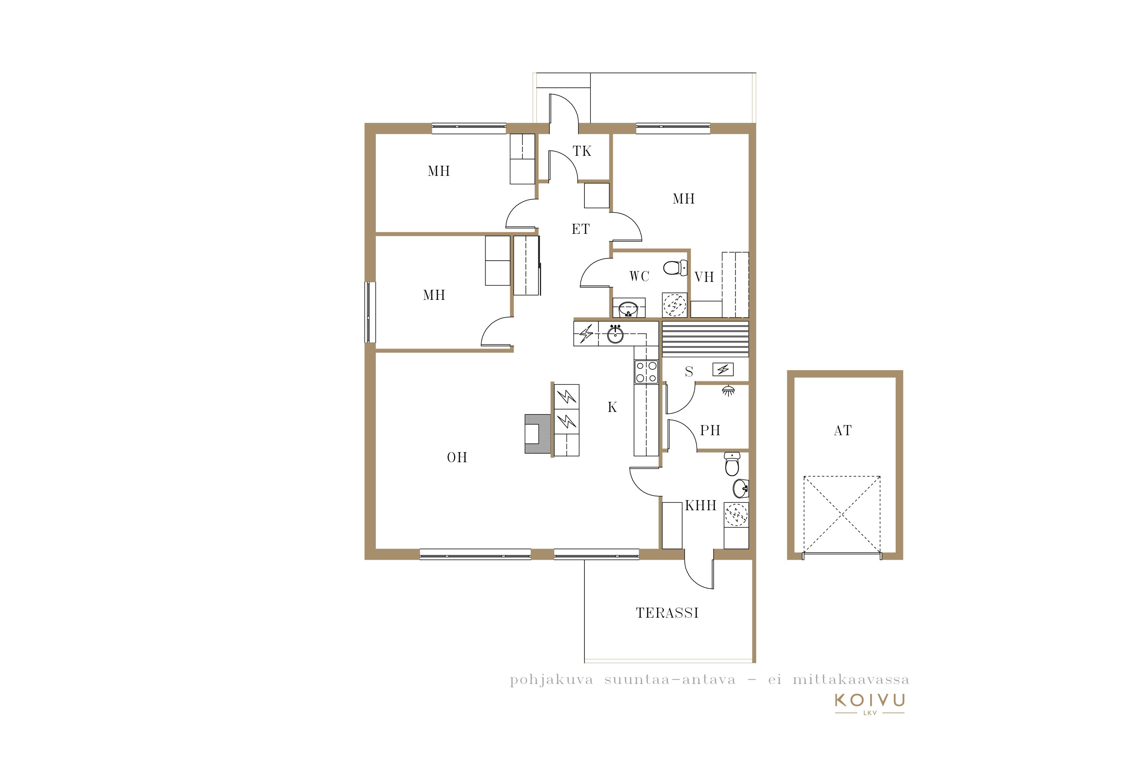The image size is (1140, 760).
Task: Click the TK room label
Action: coord(582,151)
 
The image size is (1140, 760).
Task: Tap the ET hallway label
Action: coord(581,229)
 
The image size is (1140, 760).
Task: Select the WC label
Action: coord(639,276)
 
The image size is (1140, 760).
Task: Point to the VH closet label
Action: coord(704,277)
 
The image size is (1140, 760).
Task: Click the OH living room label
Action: coord(457,458)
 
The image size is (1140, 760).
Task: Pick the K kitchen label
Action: coord(612,407)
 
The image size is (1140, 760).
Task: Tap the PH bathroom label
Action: coord(710,431)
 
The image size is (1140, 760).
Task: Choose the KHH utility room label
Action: coord(700,505)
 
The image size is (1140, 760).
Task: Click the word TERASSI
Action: coord(667,613)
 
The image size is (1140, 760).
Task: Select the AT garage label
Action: coord(842,431)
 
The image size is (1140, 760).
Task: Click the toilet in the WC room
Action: coord(675,268)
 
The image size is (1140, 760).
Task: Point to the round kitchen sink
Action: coord(616,334)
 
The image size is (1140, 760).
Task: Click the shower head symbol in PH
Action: coord(728,391)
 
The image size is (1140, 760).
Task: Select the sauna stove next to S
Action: coord(723,370)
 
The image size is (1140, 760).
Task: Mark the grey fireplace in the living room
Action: coord(538,434)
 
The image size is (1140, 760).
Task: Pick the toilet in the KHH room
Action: coord(732,464)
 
